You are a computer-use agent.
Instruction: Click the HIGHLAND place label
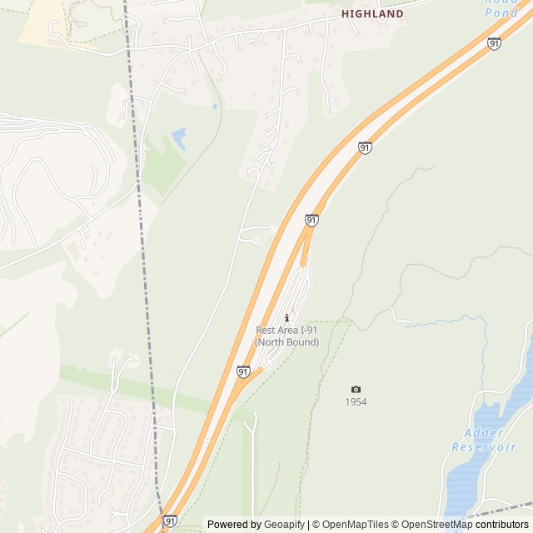[x=372, y=14]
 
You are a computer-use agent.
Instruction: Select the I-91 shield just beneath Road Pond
[x=494, y=43]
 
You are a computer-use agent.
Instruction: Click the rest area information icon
[x=287, y=317]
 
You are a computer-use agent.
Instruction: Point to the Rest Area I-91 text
[x=286, y=331]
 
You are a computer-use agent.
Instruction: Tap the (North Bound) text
[x=286, y=342]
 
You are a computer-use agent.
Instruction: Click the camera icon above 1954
[x=356, y=389]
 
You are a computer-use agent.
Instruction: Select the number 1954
[x=356, y=402]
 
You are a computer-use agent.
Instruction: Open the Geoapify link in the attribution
[x=285, y=525]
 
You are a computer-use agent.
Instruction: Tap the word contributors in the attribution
[x=502, y=525]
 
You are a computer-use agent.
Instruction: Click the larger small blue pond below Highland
[x=178, y=136]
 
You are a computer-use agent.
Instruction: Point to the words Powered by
[x=234, y=525]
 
